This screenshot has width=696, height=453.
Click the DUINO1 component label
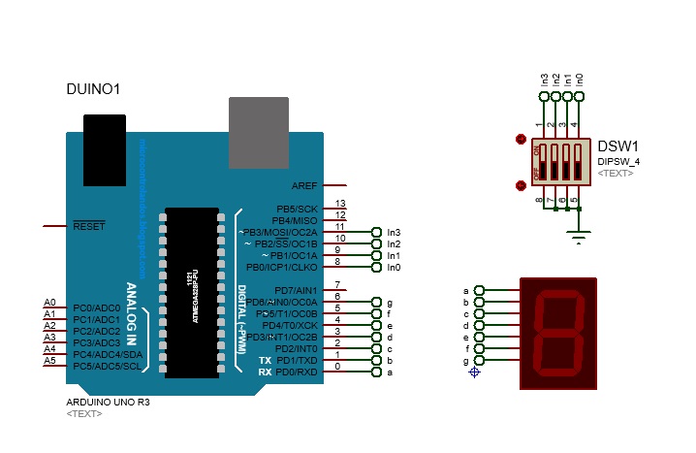point(93,89)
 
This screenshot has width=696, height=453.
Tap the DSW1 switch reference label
point(617,146)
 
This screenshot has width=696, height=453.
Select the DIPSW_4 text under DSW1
point(617,160)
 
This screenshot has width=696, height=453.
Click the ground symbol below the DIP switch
point(579,235)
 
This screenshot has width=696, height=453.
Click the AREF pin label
point(303,185)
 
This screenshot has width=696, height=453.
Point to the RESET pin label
point(89,226)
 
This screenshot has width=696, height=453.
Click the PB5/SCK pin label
point(297,209)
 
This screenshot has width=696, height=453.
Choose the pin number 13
point(340,204)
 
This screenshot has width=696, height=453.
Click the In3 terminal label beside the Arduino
point(394,233)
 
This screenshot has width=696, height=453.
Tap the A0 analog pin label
point(50,303)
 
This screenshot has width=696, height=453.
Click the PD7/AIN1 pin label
point(297,290)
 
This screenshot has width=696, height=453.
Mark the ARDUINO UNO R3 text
point(108,400)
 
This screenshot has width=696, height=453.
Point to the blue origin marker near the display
point(475,372)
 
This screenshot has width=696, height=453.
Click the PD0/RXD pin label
point(297,372)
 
